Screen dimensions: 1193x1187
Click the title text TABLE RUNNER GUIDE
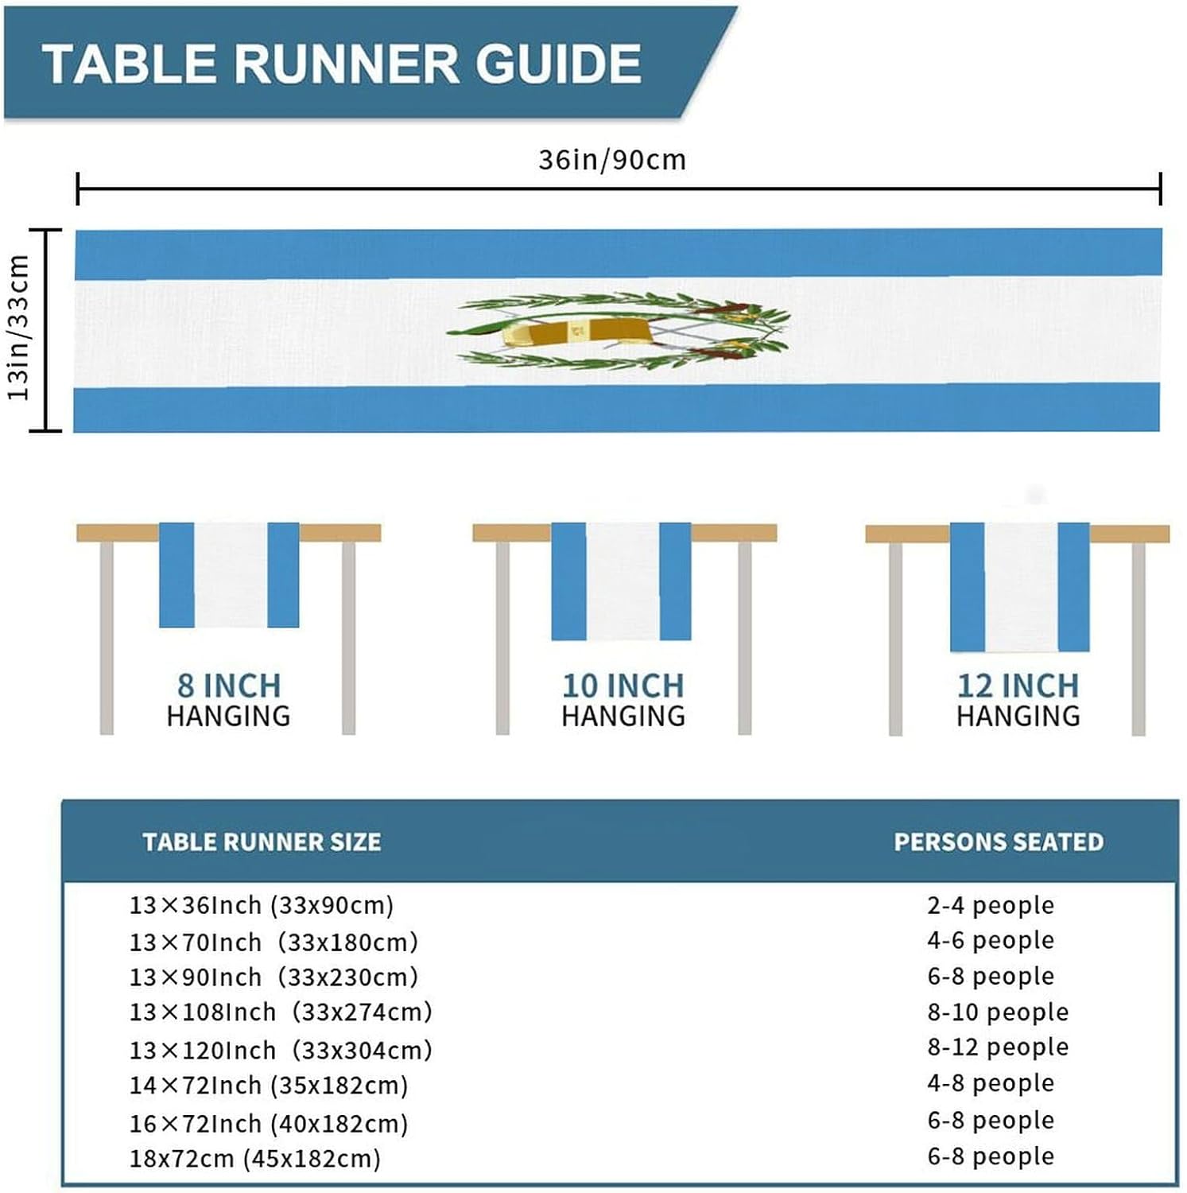pyautogui.click(x=342, y=64)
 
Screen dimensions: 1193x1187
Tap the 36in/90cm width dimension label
pyautogui.click(x=611, y=160)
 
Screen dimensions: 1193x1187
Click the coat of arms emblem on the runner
pyautogui.click(x=619, y=331)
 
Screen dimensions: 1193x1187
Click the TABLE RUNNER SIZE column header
pyautogui.click(x=262, y=841)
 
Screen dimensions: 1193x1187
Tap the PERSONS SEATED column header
pyautogui.click(x=999, y=841)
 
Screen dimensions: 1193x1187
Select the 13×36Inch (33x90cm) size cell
pyautogui.click(x=262, y=905)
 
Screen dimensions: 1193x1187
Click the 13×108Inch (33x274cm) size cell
pyautogui.click(x=281, y=1012)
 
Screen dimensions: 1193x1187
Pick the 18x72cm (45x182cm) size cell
pyautogui.click(x=255, y=1158)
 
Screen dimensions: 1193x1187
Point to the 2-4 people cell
pyautogui.click(x=991, y=905)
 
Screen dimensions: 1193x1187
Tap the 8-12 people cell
pyautogui.click(x=998, y=1047)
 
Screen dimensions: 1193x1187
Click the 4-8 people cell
pyautogui.click(x=991, y=1082)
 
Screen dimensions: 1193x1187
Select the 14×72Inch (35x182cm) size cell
pyautogui.click(x=269, y=1085)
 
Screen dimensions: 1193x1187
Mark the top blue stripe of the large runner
pyautogui.click(x=618, y=254)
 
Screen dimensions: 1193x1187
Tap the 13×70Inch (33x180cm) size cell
pyautogui.click(x=273, y=942)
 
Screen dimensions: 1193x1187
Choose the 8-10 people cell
pyautogui.click(x=998, y=1012)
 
